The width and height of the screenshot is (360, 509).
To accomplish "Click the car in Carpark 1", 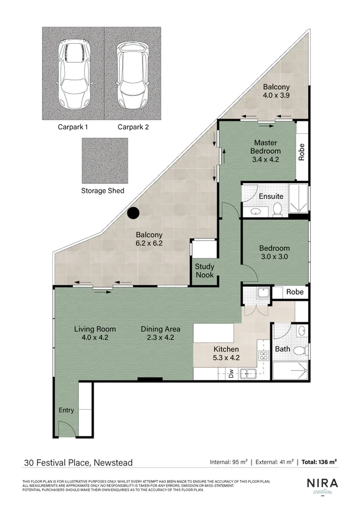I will pyautogui.click(x=73, y=74).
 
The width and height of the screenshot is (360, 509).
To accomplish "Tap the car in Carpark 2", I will pyautogui.click(x=133, y=74).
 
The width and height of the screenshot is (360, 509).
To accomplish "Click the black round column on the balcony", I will pyautogui.click(x=133, y=213).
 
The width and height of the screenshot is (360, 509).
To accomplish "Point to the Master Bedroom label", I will pyautogui.click(x=266, y=151).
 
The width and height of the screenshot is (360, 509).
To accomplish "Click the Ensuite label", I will pyautogui.click(x=271, y=196).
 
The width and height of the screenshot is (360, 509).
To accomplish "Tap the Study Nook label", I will pyautogui.click(x=204, y=270).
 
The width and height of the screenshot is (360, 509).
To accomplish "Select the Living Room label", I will pyautogui.click(x=95, y=333).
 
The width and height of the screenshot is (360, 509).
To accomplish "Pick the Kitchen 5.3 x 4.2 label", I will pyautogui.click(x=225, y=353).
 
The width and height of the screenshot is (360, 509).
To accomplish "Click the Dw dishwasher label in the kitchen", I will pyautogui.click(x=231, y=373).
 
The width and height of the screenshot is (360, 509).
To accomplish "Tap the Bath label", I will pyautogui.click(x=282, y=349).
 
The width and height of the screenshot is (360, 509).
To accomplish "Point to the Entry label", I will pyautogui.click(x=66, y=410).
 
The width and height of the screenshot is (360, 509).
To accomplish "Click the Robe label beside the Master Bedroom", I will pyautogui.click(x=302, y=152).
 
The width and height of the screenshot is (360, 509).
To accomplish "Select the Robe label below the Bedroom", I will pyautogui.click(x=295, y=292).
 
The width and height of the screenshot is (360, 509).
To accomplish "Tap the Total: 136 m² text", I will pyautogui.click(x=319, y=462).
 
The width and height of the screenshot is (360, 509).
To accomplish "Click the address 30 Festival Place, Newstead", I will pyautogui.click(x=78, y=462).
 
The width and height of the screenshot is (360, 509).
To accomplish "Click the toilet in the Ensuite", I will pyautogui.click(x=277, y=210).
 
